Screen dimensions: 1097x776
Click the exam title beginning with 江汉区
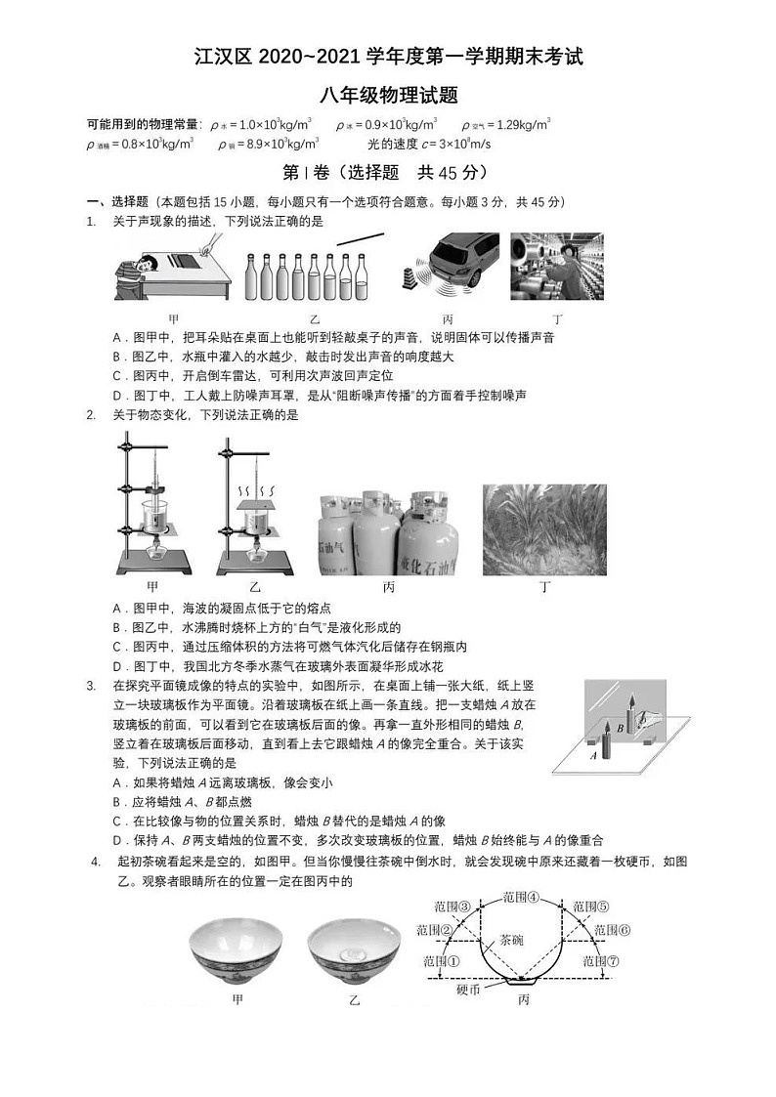(388, 57)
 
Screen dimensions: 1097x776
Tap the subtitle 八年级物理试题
(388, 95)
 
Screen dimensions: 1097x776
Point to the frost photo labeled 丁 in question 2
(544, 528)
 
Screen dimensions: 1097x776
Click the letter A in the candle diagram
(593, 754)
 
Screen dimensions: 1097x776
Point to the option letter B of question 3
(117, 801)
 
